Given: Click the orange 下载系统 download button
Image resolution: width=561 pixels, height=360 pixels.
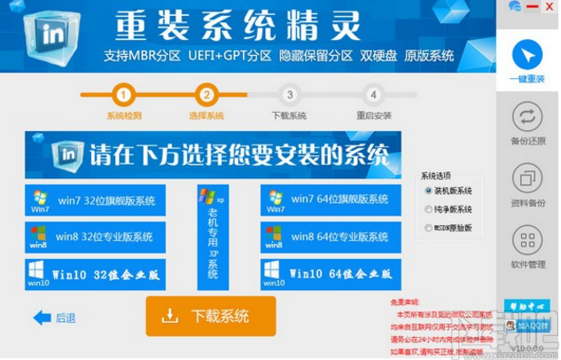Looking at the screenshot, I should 211,317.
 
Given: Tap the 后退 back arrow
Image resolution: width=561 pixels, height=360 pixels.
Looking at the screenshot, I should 54,317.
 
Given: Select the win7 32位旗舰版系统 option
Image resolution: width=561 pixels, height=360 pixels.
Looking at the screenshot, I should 95,200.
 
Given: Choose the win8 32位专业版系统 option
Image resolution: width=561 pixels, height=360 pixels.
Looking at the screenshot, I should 95,237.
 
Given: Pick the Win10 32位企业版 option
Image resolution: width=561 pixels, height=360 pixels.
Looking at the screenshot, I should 95,273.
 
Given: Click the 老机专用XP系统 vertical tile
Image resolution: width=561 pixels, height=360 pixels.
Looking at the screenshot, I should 213,237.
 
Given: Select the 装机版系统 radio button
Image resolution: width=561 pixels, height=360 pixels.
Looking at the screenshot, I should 429,191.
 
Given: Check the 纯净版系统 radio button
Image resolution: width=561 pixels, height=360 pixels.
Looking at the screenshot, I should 429,209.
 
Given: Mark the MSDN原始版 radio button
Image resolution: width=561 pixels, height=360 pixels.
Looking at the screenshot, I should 429,228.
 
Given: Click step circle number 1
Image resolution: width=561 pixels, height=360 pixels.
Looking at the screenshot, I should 124,95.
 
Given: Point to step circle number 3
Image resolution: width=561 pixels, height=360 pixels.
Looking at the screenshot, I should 289,95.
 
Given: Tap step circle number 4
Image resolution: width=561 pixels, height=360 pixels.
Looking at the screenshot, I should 373,95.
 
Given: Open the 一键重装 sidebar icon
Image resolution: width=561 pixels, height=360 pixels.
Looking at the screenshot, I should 528,56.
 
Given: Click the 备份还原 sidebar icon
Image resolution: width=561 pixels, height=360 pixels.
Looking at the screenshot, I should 528,118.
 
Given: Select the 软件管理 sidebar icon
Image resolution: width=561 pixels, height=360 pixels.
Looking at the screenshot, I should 528,241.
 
